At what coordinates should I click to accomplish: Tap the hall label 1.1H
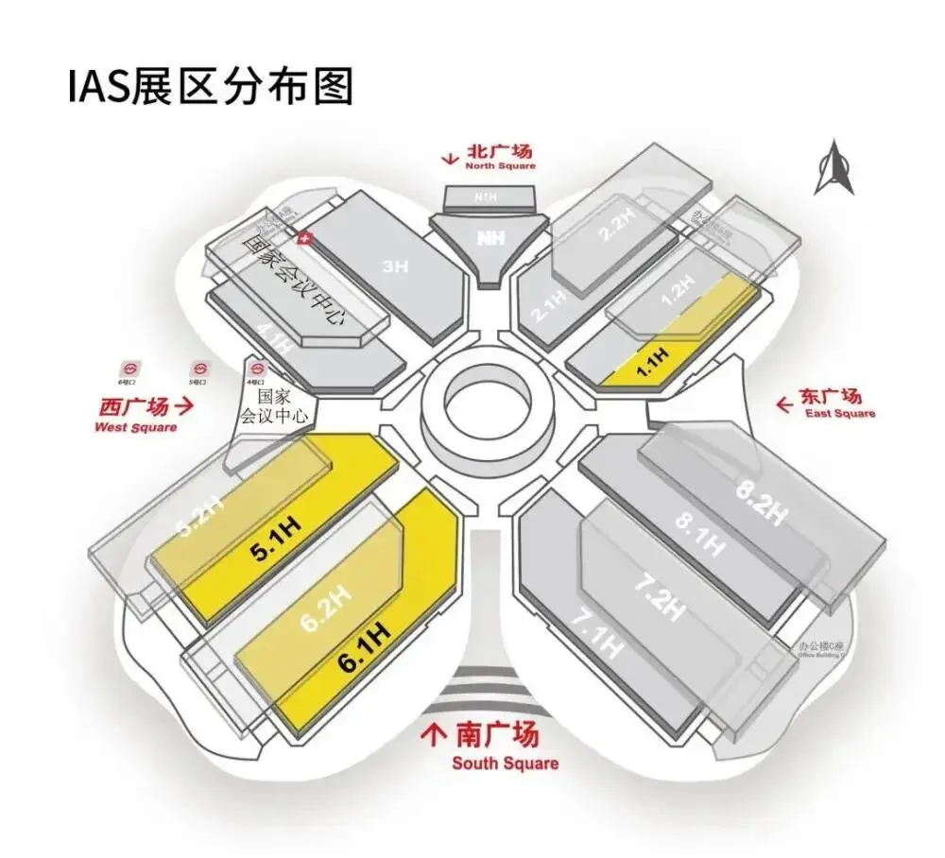click(652, 362)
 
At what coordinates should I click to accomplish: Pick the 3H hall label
click(394, 268)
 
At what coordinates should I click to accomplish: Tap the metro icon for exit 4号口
click(254, 367)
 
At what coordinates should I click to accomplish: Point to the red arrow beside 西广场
click(185, 407)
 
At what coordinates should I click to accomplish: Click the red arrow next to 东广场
click(783, 403)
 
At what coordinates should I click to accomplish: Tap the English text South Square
click(505, 763)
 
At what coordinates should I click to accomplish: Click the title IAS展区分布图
click(210, 87)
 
